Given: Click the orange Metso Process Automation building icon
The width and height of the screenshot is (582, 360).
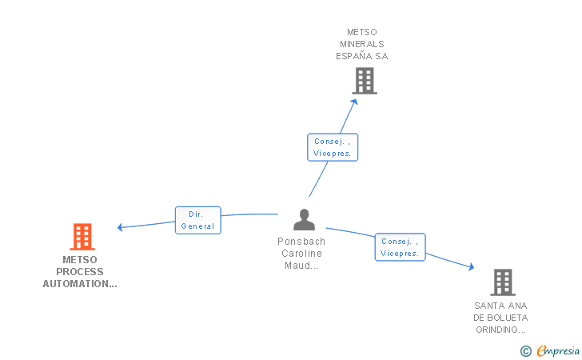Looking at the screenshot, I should click(x=82, y=237).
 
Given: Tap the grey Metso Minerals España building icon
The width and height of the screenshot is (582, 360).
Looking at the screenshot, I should click(x=365, y=81).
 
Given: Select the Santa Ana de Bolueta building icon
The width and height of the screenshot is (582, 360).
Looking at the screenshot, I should click(x=502, y=282).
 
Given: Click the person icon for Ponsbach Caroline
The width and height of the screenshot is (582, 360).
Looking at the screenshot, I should click(x=304, y=219).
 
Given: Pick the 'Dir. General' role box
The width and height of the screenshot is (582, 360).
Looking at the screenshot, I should click(x=197, y=220).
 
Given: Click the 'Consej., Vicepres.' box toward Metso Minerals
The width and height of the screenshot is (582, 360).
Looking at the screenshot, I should click(x=333, y=147).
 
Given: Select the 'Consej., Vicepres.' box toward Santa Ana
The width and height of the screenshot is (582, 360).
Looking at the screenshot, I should click(x=400, y=247).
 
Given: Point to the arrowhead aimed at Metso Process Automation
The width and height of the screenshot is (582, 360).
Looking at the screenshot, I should click(x=120, y=227).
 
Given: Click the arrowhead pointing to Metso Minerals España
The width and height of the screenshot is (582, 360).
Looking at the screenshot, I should click(x=354, y=98).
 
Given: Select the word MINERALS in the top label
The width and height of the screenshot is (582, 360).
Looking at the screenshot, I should click(x=362, y=44).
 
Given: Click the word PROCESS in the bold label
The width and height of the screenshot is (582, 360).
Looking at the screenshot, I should click(x=80, y=272).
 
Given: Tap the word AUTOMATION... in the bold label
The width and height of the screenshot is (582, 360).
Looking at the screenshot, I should click(x=80, y=284).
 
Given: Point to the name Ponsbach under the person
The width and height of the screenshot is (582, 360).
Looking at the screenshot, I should click(x=301, y=242).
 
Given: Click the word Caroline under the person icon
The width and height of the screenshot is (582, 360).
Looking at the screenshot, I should click(x=301, y=254).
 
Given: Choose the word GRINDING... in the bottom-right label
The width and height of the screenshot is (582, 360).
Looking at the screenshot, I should click(x=501, y=330).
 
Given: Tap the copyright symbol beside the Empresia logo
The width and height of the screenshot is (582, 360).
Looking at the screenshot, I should click(x=525, y=350).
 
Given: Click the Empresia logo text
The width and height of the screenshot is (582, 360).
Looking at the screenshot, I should click(x=558, y=350).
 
